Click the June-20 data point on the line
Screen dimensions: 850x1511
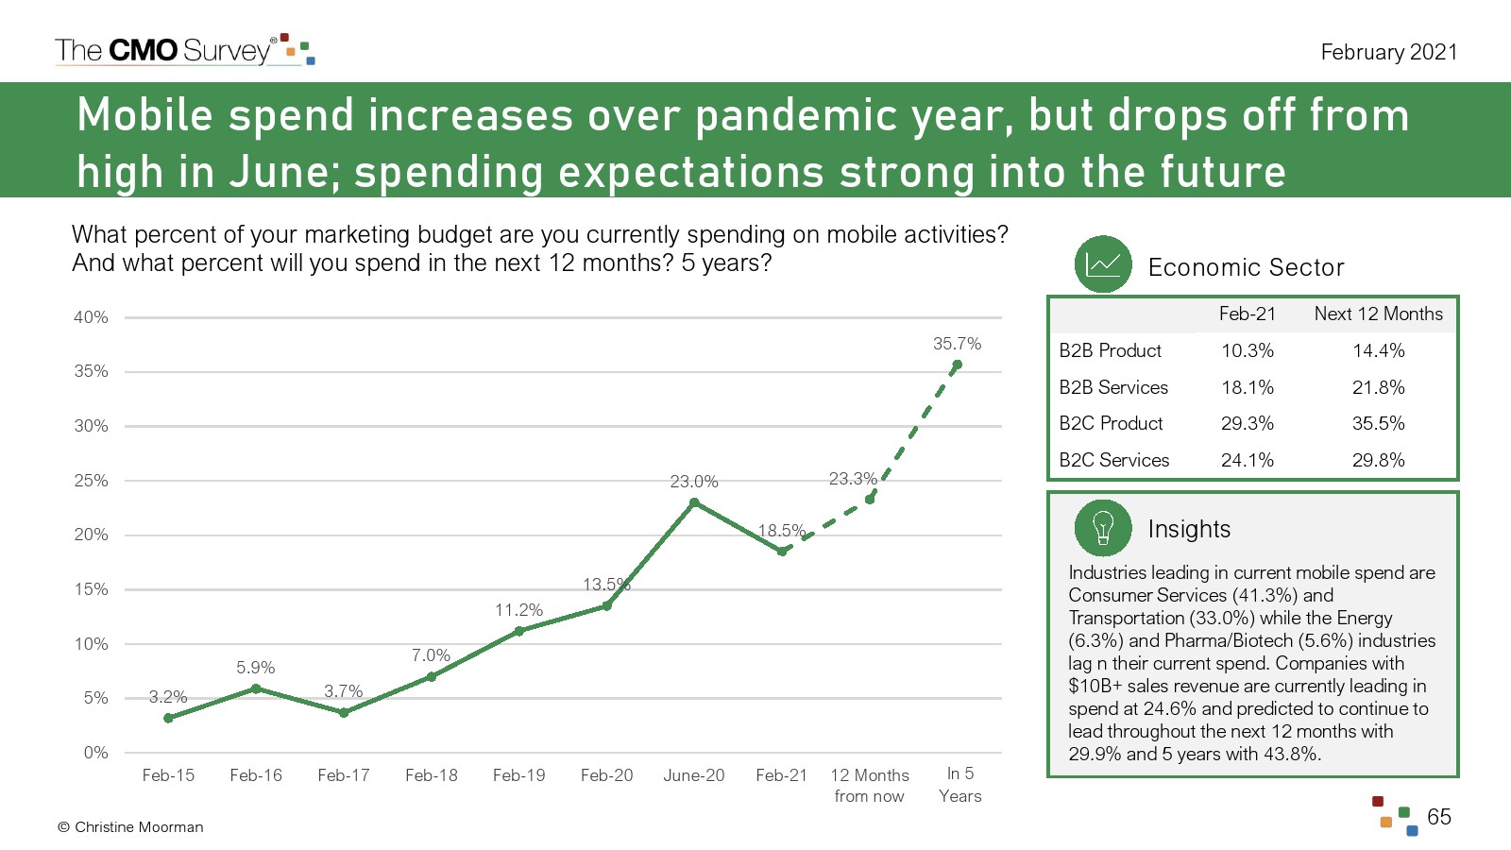click(694, 502)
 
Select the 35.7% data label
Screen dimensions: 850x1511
click(957, 344)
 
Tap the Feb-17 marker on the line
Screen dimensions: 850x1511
click(344, 713)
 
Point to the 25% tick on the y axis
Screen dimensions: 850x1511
click(92, 481)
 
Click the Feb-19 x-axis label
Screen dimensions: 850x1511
click(518, 775)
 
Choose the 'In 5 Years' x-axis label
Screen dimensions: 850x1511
click(960, 785)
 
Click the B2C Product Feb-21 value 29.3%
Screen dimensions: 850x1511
click(1247, 423)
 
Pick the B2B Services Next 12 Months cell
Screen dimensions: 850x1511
click(1378, 387)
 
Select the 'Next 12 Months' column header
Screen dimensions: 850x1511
click(1378, 314)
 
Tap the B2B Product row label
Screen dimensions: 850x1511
click(1110, 350)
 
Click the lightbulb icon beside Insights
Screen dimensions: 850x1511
click(1102, 528)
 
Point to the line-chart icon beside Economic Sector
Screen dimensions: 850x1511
click(1102, 264)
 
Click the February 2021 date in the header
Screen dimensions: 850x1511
click(1388, 52)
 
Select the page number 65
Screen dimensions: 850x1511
click(1439, 817)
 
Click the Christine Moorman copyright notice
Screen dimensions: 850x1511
click(130, 827)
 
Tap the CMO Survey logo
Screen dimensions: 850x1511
click(184, 50)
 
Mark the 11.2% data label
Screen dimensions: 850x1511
click(518, 610)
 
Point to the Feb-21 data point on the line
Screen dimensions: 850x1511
click(782, 552)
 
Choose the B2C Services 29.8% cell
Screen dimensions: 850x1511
click(1378, 460)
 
